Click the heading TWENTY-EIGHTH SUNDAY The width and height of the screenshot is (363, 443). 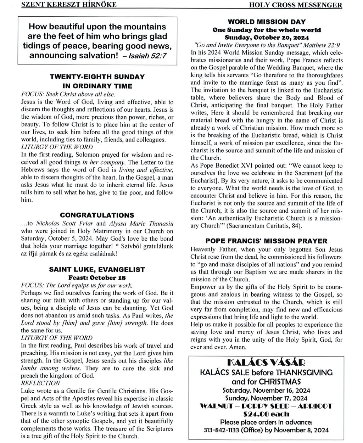click(97, 77)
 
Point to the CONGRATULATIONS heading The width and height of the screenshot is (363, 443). click(97, 215)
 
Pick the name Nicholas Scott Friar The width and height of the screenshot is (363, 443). click(69, 223)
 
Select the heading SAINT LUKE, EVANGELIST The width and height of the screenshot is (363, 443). click(97, 270)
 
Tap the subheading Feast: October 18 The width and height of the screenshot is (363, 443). click(97, 277)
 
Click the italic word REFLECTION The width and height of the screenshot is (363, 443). click(40, 383)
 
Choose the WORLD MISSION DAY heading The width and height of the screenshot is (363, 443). click(267, 22)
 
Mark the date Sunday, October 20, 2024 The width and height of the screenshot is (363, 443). click(267, 37)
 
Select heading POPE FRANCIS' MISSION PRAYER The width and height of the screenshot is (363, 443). click(267, 241)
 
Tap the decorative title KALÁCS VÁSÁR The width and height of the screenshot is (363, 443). click(266, 363)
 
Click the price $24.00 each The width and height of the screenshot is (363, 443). click(266, 414)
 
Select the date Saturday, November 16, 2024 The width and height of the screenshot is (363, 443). click(266, 391)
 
